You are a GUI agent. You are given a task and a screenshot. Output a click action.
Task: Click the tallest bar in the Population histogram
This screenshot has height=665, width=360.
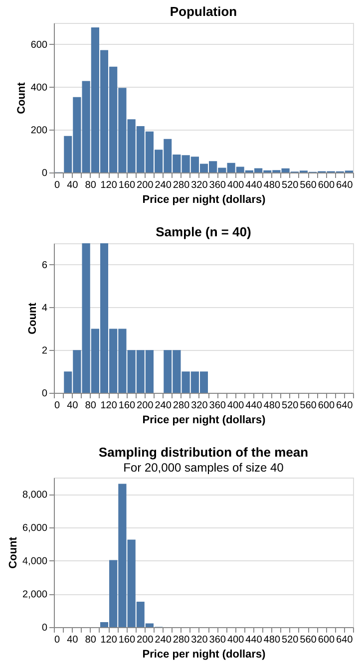coord(95,100)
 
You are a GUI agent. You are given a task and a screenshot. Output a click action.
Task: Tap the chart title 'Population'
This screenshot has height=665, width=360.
coord(203,11)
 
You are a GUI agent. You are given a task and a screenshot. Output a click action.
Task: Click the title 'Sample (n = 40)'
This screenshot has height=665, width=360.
coord(203,232)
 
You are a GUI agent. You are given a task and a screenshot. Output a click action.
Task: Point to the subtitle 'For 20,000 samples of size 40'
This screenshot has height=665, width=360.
coord(203,468)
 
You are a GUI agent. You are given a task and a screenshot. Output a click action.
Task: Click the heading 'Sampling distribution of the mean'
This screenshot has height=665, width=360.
coord(203,452)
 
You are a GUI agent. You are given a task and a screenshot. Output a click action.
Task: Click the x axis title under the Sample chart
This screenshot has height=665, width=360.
coord(203,420)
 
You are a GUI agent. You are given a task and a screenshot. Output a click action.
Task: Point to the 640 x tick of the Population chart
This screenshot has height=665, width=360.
coord(345,183)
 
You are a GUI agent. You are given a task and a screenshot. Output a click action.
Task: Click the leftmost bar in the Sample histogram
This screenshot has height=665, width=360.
coord(68,382)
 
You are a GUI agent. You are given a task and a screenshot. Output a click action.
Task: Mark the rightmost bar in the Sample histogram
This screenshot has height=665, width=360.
coord(203,382)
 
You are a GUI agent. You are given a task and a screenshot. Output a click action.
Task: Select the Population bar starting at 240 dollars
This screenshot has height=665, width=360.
coord(168,156)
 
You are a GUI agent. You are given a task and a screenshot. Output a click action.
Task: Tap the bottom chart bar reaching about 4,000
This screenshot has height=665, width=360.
coord(113,594)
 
